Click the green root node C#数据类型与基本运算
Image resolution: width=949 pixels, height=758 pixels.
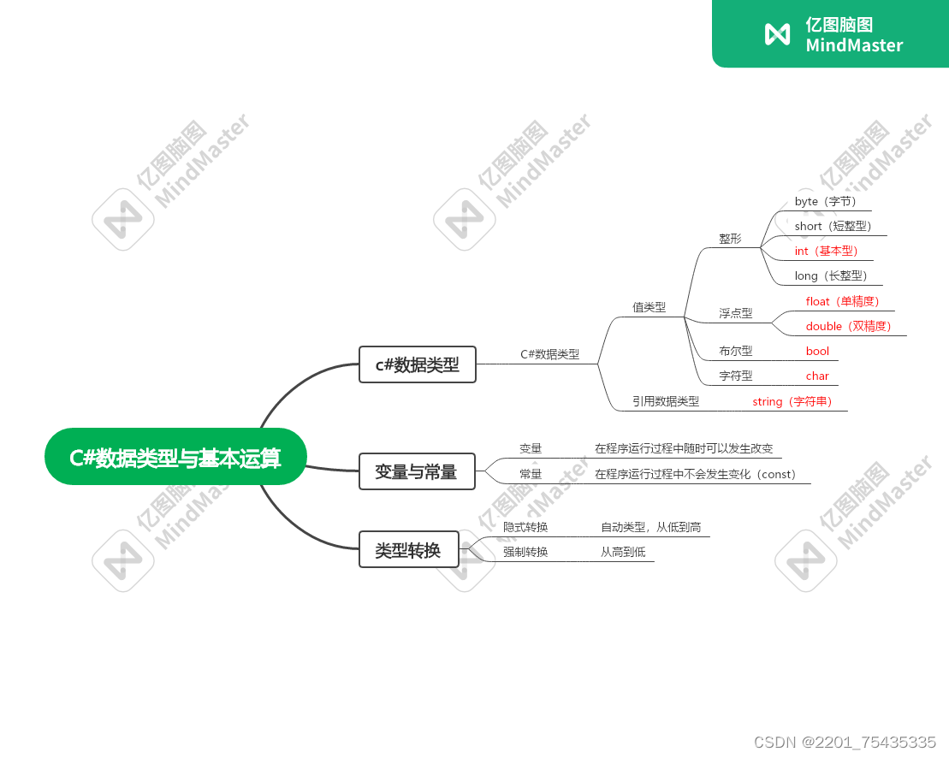click(x=175, y=457)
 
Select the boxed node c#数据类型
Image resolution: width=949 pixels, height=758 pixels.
click(x=417, y=364)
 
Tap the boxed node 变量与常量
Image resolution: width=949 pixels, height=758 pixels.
click(x=416, y=471)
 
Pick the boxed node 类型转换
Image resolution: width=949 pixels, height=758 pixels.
click(x=408, y=549)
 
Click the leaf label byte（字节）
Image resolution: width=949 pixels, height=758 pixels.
click(x=825, y=202)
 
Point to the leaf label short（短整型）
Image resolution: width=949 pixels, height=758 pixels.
click(x=833, y=227)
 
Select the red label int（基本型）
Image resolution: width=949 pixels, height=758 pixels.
click(x=826, y=252)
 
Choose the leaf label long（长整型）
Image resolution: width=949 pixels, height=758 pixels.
click(x=830, y=276)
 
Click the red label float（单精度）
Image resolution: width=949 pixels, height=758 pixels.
click(x=843, y=302)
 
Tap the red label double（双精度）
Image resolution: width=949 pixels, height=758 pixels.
click(x=849, y=327)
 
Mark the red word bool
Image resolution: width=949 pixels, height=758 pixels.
click(x=817, y=352)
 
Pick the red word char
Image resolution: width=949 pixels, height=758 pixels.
click(x=817, y=376)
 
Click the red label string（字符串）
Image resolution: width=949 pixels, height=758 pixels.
click(x=792, y=402)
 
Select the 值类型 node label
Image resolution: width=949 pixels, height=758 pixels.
click(x=649, y=308)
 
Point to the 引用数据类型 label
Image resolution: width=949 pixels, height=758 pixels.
click(x=665, y=401)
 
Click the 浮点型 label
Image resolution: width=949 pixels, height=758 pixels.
click(x=735, y=314)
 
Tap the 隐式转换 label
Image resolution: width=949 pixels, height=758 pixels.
click(x=525, y=528)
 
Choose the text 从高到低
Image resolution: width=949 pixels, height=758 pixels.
click(x=623, y=553)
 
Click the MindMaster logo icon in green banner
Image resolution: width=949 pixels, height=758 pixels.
click(x=777, y=34)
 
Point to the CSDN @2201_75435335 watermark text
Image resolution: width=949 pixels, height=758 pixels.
click(x=845, y=742)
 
